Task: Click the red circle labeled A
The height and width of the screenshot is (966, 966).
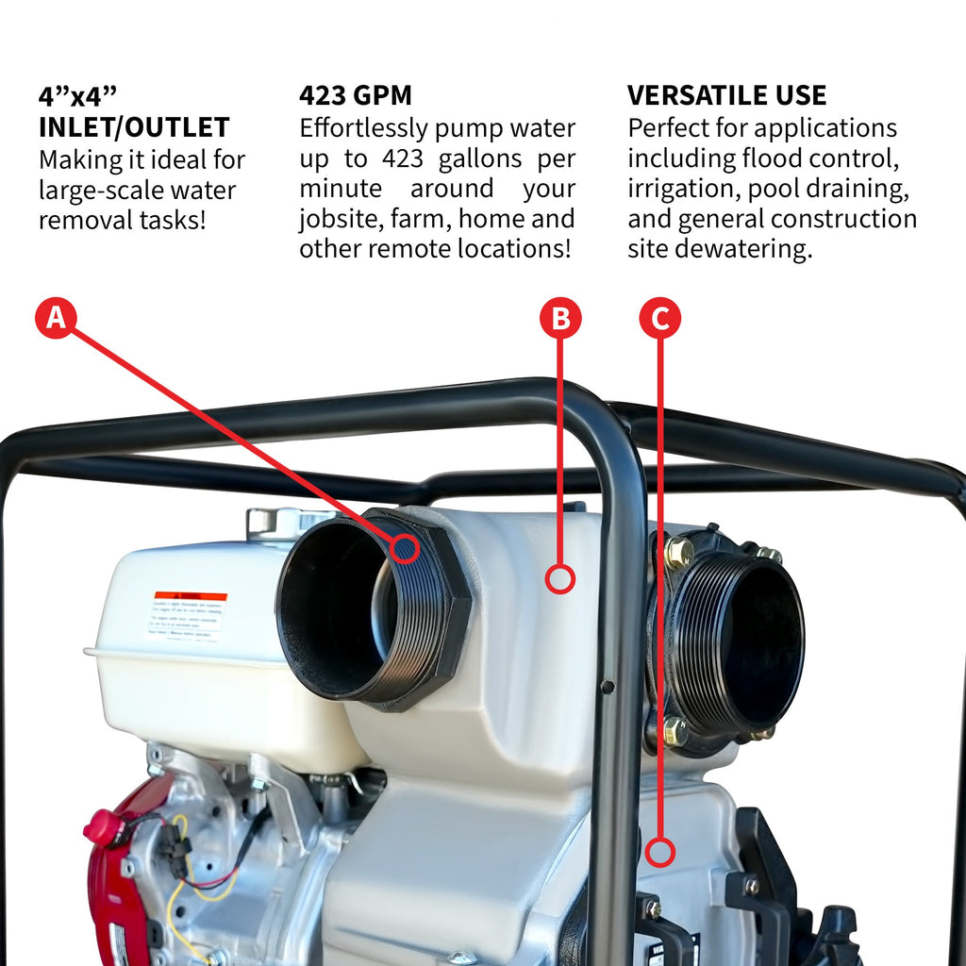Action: [x=56, y=319]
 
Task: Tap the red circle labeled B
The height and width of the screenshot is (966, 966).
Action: [x=560, y=319]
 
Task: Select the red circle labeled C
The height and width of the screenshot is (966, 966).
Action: [x=659, y=319]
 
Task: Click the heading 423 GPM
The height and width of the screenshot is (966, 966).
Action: [x=356, y=95]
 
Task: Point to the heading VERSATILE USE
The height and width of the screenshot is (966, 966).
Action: [x=726, y=95]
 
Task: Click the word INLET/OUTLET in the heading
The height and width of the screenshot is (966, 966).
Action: [x=134, y=127]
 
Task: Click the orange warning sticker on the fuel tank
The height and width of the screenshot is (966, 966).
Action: [x=190, y=596]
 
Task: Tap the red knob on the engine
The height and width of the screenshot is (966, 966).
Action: [x=103, y=827]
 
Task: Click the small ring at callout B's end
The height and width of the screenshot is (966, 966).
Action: [x=560, y=578]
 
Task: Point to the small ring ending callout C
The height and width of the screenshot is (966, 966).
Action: [x=661, y=852]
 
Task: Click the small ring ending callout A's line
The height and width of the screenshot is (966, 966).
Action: [x=405, y=547]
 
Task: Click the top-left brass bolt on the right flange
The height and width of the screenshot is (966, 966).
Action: [x=677, y=552]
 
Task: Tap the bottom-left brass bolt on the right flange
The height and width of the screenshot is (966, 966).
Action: [x=674, y=730]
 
